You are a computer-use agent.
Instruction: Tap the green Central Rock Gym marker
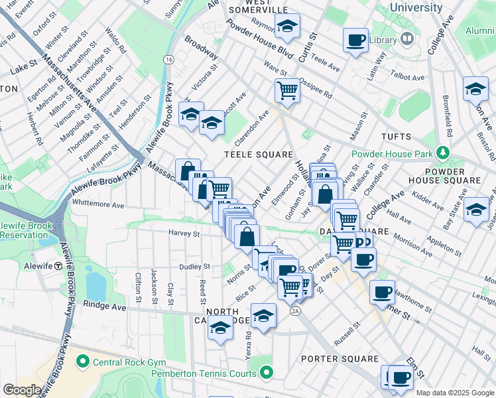pos(82,362)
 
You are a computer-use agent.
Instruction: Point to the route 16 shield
pos(170,60)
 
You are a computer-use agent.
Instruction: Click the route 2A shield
pos(295,310)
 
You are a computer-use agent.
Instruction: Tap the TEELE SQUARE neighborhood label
pos(258,155)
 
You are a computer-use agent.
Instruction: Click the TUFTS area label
pos(396,137)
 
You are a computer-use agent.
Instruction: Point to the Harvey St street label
pos(184,233)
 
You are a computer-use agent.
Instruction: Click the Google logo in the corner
pos(22,390)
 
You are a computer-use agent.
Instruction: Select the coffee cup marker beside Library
pos(355,40)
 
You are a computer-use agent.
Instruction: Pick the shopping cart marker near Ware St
pos(287,89)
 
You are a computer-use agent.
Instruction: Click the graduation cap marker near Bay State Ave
pos(476,209)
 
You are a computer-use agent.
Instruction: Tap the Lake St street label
pos(23,67)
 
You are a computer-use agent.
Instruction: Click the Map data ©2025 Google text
pos(455,393)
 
